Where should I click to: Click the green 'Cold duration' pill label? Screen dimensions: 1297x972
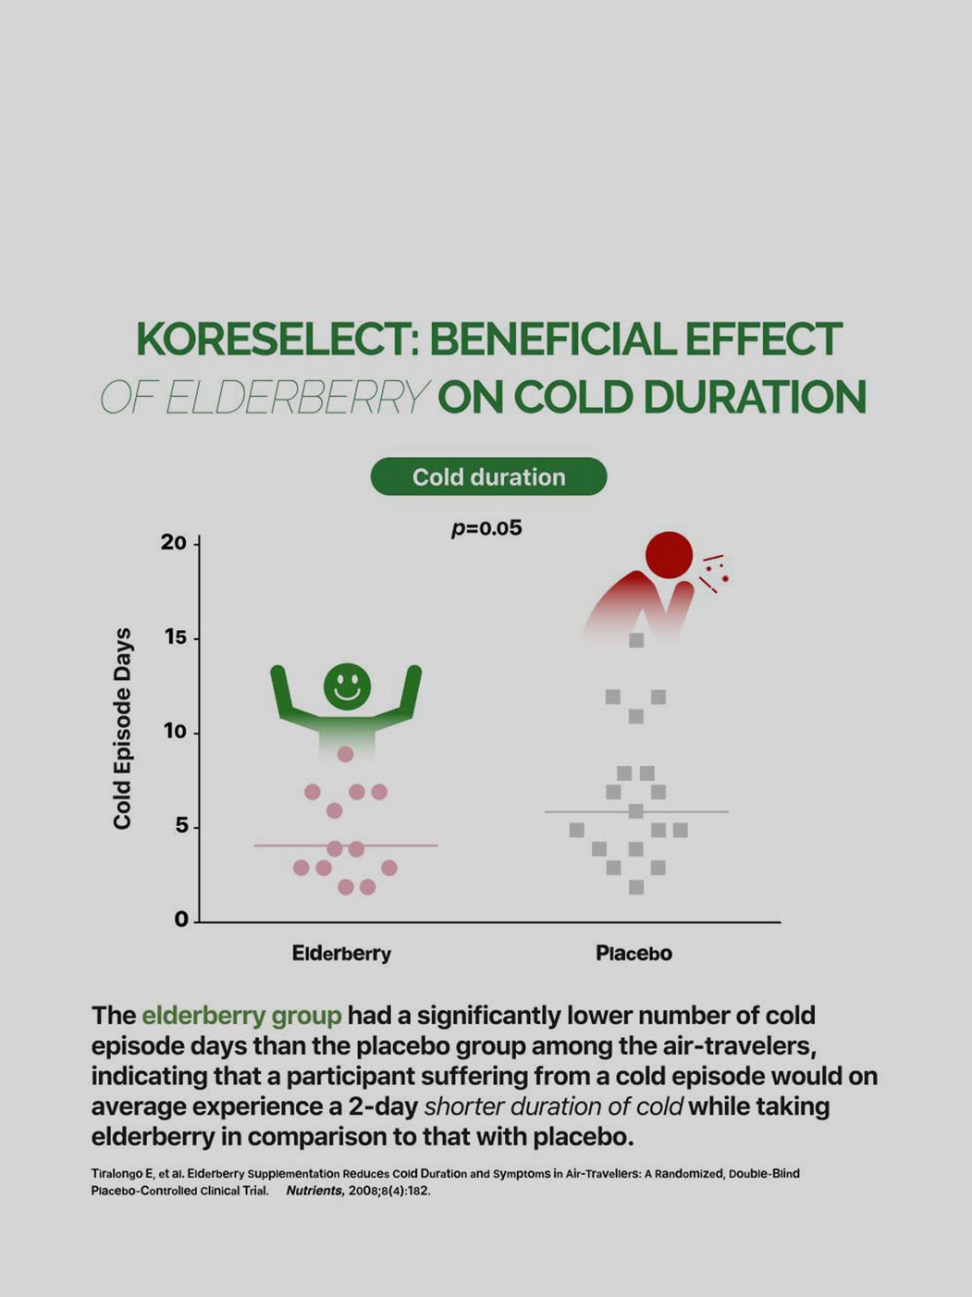(488, 476)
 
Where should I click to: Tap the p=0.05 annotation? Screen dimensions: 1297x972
(486, 528)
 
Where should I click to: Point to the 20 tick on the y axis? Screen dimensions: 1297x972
(173, 542)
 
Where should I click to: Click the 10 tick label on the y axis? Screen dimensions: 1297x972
(174, 732)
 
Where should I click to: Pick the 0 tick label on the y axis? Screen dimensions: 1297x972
(180, 920)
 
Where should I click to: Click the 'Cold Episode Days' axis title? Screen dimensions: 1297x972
(122, 730)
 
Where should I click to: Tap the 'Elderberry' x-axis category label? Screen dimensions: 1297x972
(341, 953)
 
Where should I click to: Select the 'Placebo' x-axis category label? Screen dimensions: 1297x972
(634, 953)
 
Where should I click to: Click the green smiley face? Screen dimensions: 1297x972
(347, 686)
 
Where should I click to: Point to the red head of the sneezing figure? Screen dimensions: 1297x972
(669, 555)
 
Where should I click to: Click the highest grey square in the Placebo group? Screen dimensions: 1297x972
(636, 640)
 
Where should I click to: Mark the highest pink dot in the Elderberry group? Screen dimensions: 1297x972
(345, 754)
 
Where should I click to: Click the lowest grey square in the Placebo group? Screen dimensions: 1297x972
(636, 887)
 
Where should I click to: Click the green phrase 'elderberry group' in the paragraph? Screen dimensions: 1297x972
(241, 1015)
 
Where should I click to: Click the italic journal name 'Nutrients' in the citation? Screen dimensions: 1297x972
(314, 1191)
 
